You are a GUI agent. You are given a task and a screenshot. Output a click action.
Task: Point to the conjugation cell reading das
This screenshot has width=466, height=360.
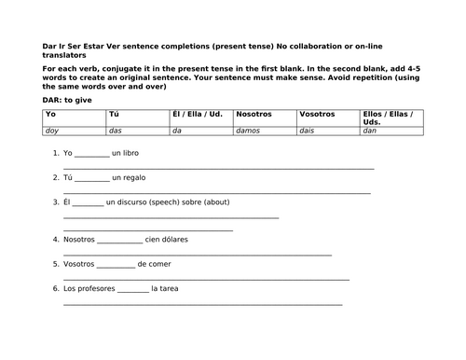[x=141, y=132]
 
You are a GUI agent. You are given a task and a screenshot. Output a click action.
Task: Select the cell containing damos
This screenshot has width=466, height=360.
[x=265, y=132]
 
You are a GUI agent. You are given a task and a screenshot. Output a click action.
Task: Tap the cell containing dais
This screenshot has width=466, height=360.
[x=327, y=132]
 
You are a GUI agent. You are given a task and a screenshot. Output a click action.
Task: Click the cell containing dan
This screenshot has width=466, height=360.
[x=391, y=132]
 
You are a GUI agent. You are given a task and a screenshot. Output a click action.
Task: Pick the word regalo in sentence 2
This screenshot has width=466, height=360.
[x=134, y=177]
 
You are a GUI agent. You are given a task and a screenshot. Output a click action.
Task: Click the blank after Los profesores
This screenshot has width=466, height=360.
[x=133, y=290]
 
